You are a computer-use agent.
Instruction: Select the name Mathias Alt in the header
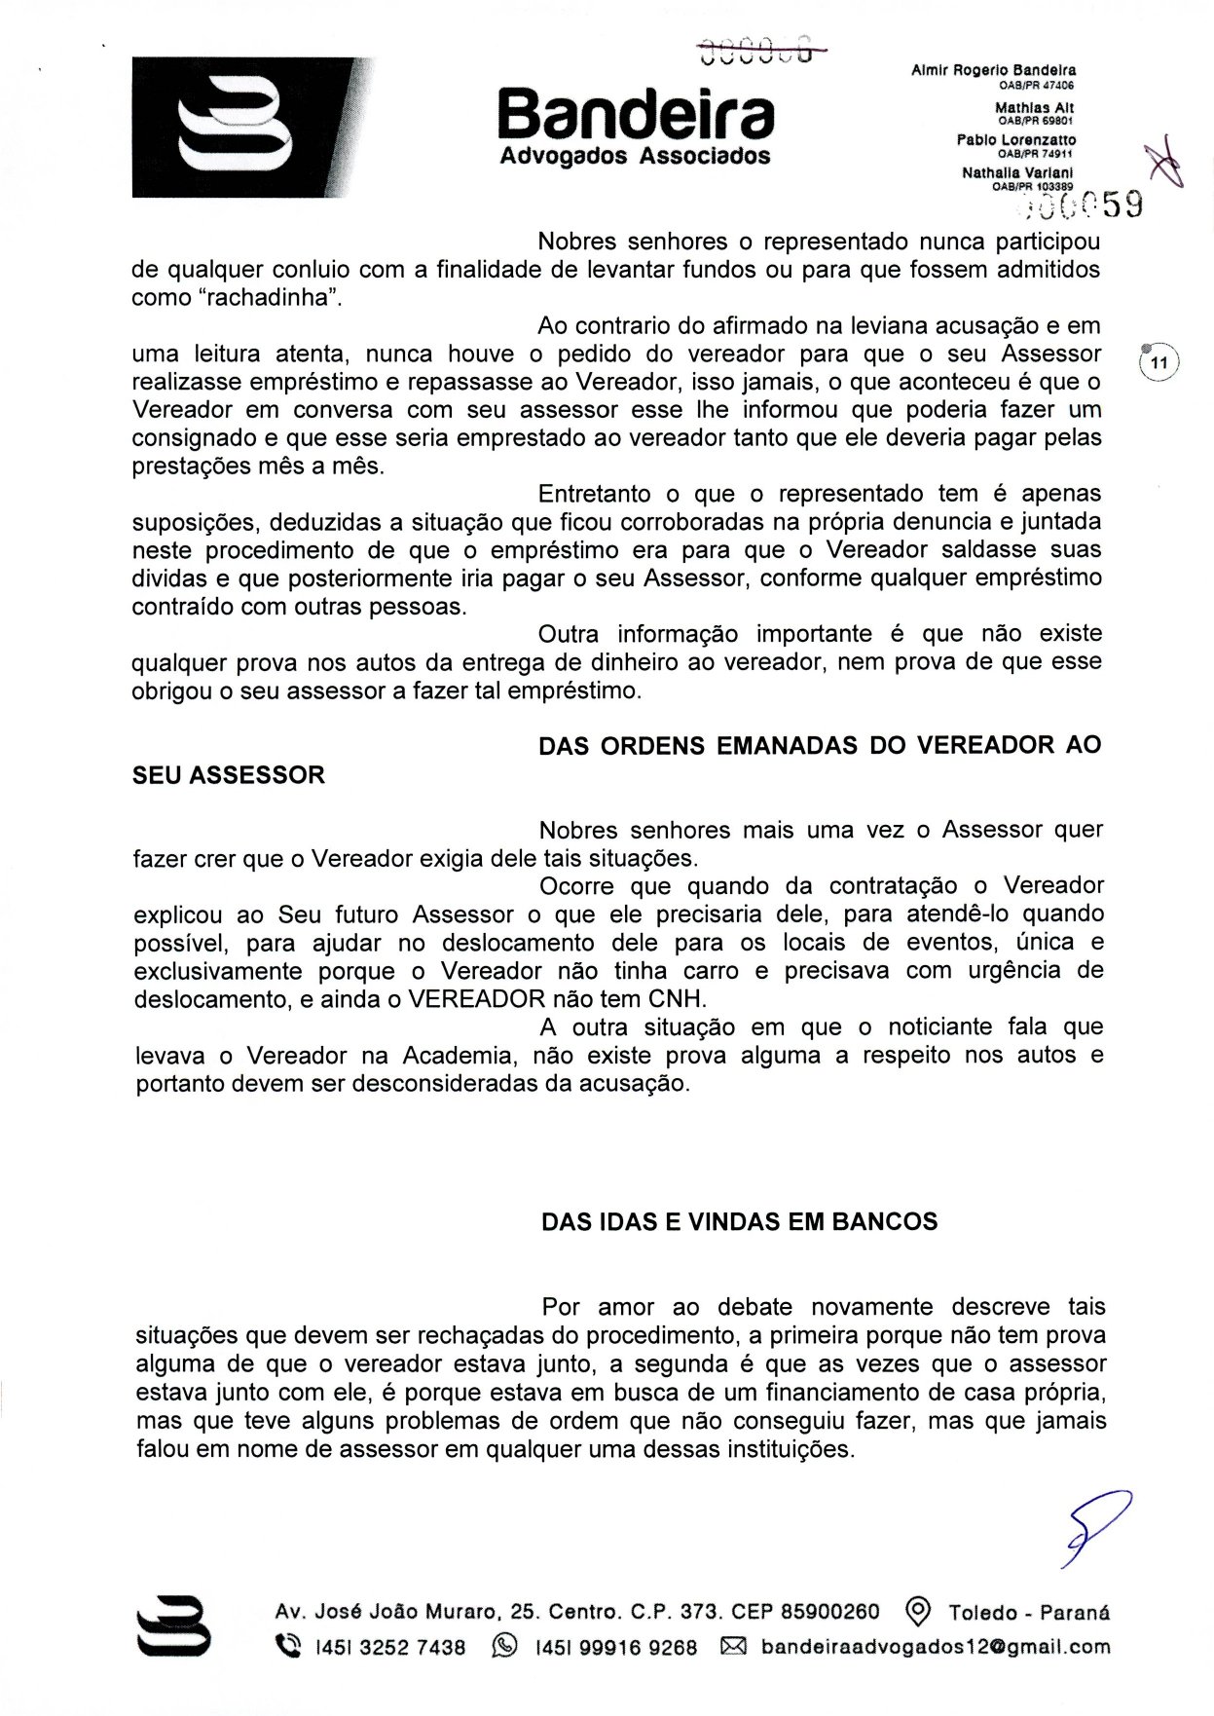click(1034, 108)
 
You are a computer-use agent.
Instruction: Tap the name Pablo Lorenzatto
click(1016, 140)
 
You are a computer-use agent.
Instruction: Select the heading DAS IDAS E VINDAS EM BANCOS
click(739, 1222)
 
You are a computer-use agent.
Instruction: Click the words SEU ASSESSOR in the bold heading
click(229, 775)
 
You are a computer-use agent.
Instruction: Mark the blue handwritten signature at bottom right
click(1095, 1528)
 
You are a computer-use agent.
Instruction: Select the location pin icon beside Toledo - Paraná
click(917, 1612)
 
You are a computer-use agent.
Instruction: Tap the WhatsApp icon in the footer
click(505, 1647)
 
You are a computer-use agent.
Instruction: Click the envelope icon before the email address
click(732, 1647)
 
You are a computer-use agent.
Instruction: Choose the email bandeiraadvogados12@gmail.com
click(936, 1647)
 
